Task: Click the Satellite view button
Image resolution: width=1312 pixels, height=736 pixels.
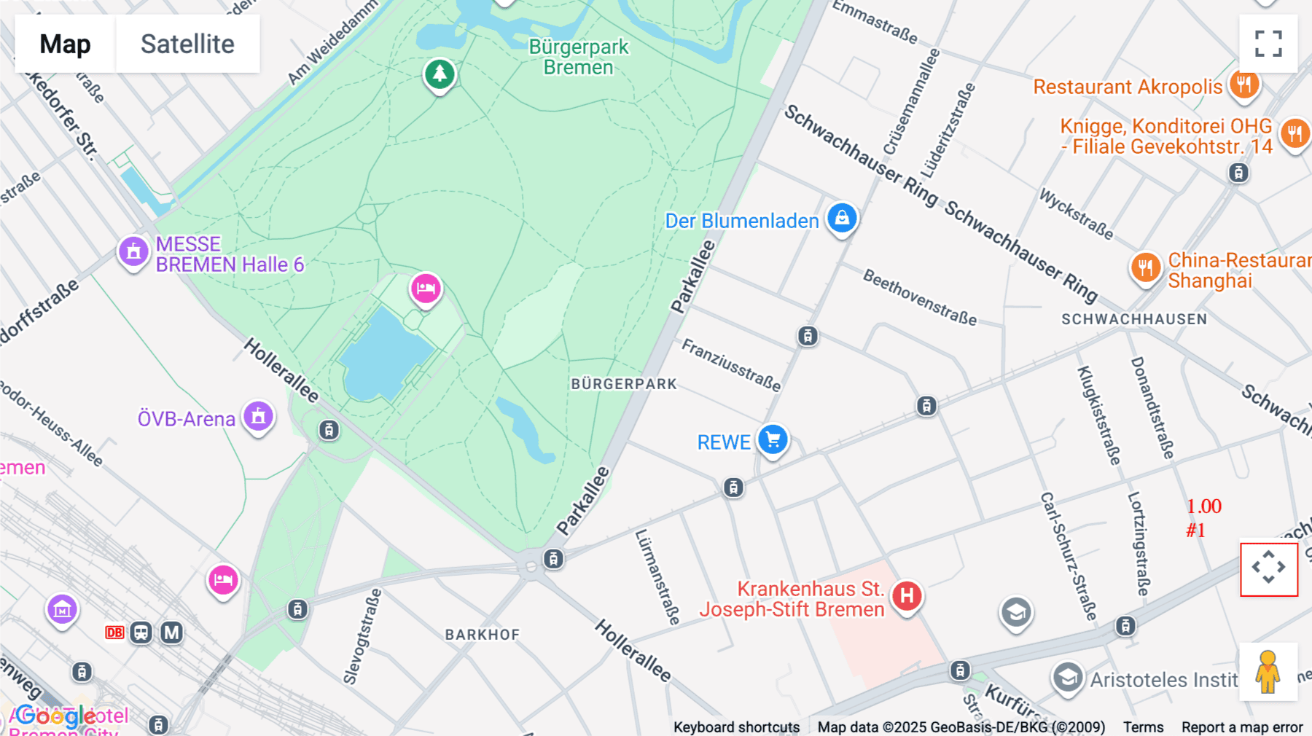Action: tap(187, 44)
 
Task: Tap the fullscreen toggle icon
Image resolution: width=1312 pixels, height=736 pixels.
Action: tap(1268, 44)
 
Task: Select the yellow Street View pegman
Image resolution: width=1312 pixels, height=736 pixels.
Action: tap(1268, 672)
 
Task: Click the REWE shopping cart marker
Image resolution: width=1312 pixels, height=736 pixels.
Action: tap(773, 439)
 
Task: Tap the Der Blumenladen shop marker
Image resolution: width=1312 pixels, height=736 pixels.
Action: tap(842, 218)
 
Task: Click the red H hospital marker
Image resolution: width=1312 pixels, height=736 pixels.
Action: tap(907, 596)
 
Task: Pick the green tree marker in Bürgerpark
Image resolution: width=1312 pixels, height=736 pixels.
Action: tap(440, 74)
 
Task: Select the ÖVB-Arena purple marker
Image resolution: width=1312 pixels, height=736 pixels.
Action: tap(258, 417)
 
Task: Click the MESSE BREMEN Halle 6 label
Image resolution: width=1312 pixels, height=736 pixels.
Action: tap(229, 254)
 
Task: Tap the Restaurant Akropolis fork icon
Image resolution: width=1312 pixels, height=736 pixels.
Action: tap(1243, 85)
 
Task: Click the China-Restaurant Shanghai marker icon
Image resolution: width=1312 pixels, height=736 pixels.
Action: tap(1145, 267)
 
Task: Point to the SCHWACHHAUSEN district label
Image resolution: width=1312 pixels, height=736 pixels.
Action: tap(1134, 319)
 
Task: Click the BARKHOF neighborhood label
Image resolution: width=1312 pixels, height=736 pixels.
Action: tap(483, 635)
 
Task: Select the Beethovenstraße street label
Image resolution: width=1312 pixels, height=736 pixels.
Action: tap(920, 297)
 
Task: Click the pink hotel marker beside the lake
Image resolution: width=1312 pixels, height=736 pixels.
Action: tap(426, 289)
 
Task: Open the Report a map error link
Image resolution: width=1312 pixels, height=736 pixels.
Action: tap(1242, 727)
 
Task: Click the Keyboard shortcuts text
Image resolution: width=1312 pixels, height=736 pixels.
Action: tap(736, 727)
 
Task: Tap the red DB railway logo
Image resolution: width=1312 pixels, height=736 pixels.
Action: tap(114, 633)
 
